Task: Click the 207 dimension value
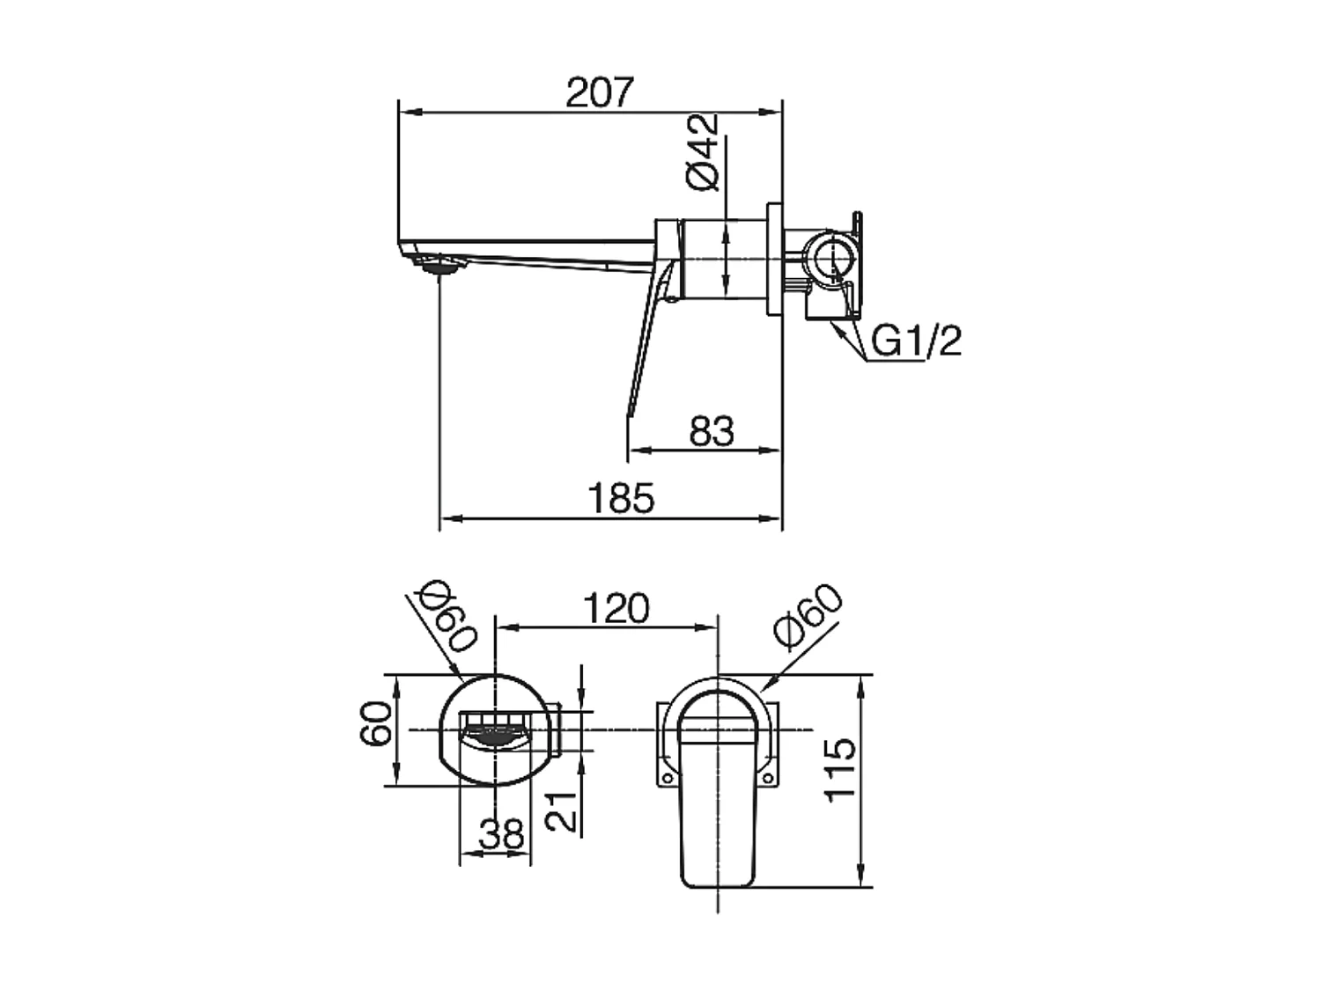click(599, 92)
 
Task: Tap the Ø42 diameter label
click(703, 151)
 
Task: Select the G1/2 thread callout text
click(916, 341)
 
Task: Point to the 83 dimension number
click(712, 431)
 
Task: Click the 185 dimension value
click(622, 499)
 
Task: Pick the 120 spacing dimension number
click(616, 609)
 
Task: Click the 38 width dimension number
click(502, 833)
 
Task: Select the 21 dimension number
click(562, 810)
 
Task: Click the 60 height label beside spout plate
click(376, 723)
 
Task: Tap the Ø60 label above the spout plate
click(446, 616)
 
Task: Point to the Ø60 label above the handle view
click(808, 616)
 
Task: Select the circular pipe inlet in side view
click(831, 259)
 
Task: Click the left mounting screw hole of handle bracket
click(668, 778)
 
